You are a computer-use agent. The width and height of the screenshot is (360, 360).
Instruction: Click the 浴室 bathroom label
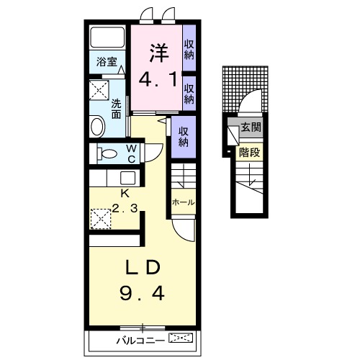tap(107, 62)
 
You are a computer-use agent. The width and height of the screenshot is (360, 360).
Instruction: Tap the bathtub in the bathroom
tap(107, 37)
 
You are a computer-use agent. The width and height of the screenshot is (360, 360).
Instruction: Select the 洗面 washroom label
tap(116, 109)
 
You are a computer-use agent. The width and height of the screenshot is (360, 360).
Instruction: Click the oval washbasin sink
tap(97, 127)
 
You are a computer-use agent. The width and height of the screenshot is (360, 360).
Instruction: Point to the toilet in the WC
tap(107, 153)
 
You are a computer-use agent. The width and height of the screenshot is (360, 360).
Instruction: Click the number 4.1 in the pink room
tap(158, 79)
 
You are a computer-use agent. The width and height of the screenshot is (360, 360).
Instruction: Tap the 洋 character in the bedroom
tap(159, 53)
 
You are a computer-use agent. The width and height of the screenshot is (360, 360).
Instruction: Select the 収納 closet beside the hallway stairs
tap(184, 137)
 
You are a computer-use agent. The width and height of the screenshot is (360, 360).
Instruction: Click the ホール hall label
tap(183, 202)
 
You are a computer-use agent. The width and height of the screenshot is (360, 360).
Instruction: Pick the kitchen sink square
tap(127, 178)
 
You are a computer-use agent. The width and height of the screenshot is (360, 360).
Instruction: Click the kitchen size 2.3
tap(125, 208)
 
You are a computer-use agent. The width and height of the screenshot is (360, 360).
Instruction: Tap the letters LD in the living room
tap(143, 267)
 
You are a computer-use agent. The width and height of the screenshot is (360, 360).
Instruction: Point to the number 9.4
tap(142, 294)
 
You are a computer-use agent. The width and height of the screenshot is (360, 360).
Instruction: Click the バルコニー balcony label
tap(140, 341)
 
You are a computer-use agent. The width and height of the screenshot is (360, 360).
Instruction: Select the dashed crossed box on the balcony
tap(181, 338)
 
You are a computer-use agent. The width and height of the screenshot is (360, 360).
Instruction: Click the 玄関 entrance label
tap(251, 127)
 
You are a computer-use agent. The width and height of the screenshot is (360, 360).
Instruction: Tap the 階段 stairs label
tap(249, 152)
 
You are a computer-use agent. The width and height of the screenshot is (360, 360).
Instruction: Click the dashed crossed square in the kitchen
tap(101, 219)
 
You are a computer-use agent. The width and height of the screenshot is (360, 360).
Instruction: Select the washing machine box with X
tap(99, 90)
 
